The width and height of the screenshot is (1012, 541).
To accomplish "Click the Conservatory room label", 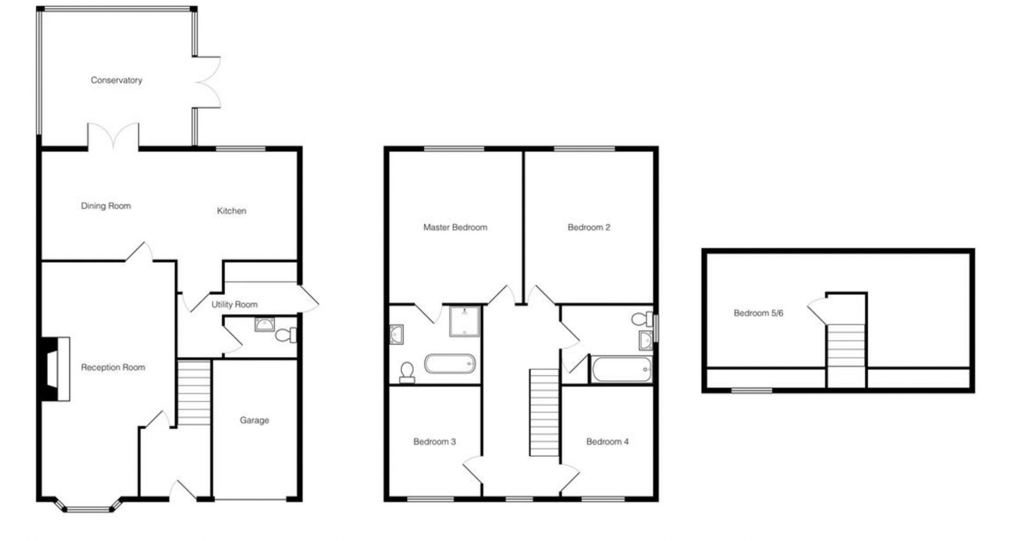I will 116,80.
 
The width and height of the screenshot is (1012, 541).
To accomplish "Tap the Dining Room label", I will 105,206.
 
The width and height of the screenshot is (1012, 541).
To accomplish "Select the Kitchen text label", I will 231,211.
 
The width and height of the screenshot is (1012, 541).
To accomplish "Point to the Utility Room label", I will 235,304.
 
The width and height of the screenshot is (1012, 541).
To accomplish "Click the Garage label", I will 254,420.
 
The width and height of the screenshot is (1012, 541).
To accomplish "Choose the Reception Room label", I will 113,367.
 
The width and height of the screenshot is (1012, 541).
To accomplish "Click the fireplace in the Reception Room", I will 55,369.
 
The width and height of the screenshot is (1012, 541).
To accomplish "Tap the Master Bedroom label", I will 455,228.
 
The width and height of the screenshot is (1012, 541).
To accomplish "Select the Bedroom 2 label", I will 589,228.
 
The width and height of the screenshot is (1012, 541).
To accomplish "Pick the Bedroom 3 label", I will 434,441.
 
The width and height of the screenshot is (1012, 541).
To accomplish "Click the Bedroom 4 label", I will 607,441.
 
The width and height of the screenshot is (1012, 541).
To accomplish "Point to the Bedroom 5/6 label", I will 758,313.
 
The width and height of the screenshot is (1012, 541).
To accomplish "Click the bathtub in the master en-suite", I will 450,363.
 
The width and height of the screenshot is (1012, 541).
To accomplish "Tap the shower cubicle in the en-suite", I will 464,321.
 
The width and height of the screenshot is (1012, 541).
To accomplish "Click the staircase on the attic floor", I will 846,346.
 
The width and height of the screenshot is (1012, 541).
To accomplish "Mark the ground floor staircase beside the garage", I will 194,392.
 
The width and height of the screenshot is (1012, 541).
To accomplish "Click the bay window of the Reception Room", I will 89,506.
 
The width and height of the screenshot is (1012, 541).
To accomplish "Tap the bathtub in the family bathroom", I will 621,369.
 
